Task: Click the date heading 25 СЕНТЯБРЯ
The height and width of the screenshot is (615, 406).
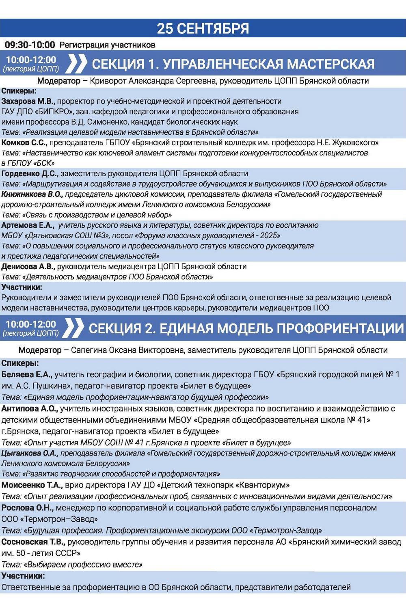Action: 203,28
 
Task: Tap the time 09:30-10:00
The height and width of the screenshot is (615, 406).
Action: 30,45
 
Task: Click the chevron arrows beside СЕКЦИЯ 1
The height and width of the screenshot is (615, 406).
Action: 76,64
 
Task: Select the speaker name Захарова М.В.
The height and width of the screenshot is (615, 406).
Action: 27,101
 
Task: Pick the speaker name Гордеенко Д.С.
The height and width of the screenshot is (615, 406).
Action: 30,174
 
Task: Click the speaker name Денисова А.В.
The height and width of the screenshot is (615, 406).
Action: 28,267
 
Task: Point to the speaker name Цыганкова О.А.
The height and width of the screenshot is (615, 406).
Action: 30,453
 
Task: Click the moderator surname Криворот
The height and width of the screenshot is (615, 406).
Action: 108,81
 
